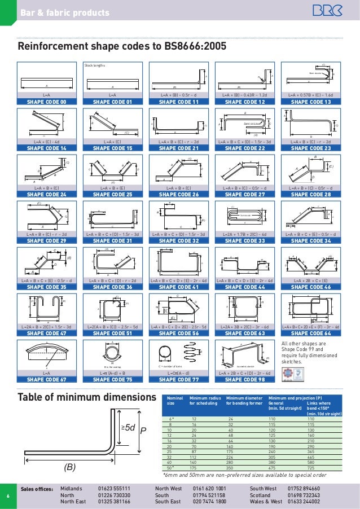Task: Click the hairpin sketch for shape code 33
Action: [244, 216]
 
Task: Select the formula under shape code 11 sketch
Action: [179, 95]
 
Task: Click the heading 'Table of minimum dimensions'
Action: [87, 398]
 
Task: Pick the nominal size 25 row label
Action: [170, 452]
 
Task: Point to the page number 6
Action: [8, 497]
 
